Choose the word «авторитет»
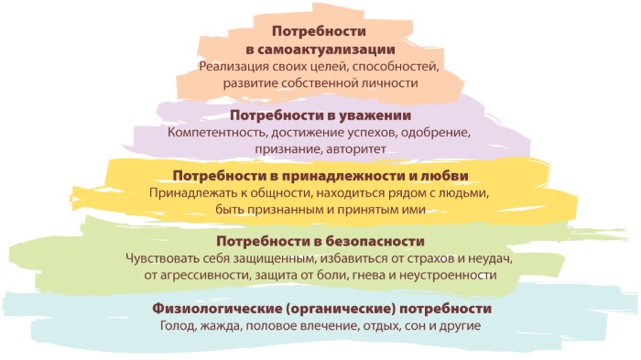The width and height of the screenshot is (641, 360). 359,148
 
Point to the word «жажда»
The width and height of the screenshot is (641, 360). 225,326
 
